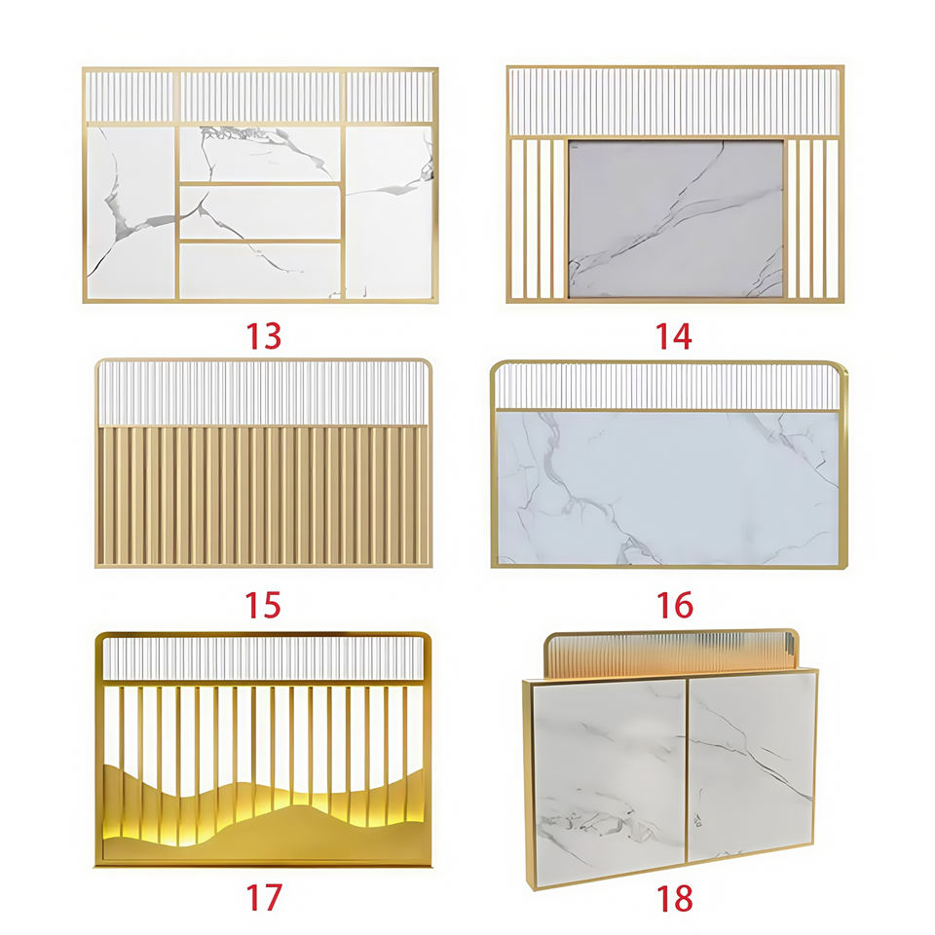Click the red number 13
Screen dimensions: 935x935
(263, 336)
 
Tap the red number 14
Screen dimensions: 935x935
(674, 336)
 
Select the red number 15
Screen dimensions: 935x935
(263, 605)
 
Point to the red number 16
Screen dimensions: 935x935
(674, 605)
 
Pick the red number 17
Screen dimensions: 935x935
(263, 897)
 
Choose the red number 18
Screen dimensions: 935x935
(674, 898)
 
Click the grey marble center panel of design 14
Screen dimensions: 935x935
(676, 218)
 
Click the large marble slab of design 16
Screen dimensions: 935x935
(668, 488)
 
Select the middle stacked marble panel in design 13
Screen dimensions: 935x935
(260, 212)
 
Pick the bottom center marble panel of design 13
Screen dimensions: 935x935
(260, 271)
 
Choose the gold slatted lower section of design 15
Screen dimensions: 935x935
(264, 495)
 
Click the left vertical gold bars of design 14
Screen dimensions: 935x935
(538, 218)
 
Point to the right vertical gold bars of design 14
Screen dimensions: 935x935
(813, 218)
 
